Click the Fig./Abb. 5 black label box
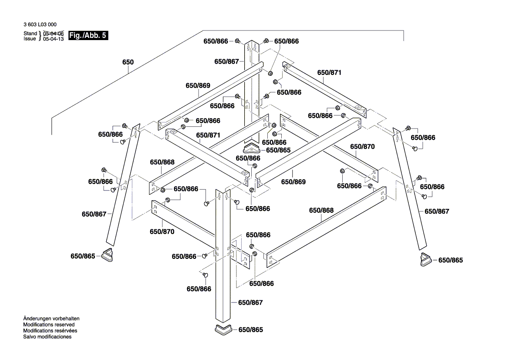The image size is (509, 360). click(x=88, y=36)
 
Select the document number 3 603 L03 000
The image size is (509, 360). click(x=40, y=25)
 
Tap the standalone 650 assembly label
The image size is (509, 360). click(x=128, y=62)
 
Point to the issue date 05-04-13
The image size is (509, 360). click(x=54, y=39)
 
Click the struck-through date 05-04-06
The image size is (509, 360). click(x=54, y=34)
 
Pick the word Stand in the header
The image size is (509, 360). click(x=30, y=34)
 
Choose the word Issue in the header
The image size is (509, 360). click(x=30, y=39)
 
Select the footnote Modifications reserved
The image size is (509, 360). click(x=49, y=325)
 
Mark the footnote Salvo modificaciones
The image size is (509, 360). click(x=47, y=337)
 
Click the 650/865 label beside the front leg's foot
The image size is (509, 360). click(x=251, y=330)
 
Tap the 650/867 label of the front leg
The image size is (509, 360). click(x=250, y=302)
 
